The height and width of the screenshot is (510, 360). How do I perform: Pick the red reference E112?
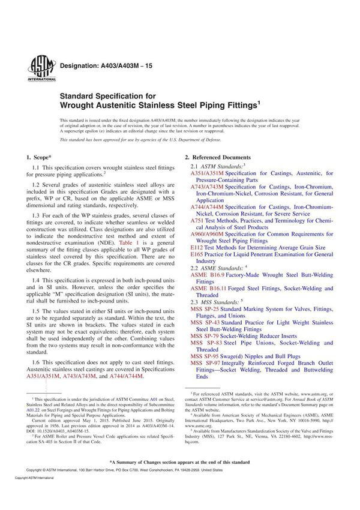click(197, 247)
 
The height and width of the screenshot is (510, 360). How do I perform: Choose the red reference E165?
click(197, 254)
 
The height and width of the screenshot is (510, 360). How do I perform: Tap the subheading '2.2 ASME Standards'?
click(217, 268)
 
